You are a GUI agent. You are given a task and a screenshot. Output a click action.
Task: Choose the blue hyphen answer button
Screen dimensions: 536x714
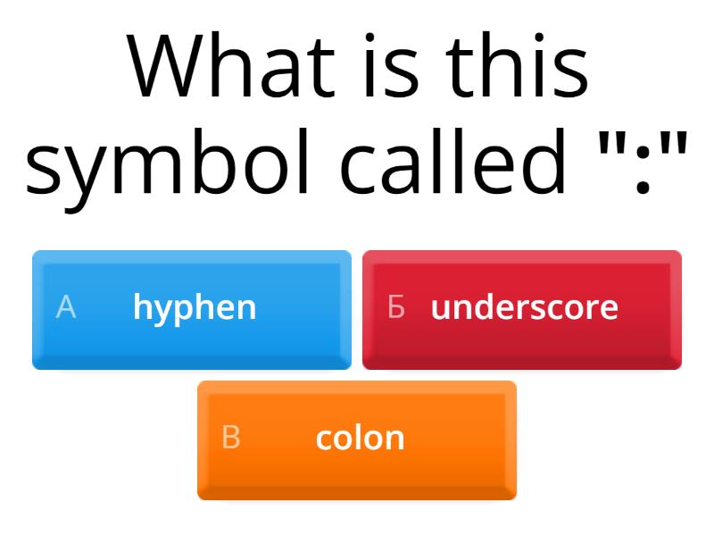(192, 309)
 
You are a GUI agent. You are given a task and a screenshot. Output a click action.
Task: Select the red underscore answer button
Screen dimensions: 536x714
(522, 309)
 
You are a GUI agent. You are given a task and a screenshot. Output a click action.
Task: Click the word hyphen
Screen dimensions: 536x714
(195, 308)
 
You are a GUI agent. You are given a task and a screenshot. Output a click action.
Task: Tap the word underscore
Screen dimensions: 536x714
(525, 307)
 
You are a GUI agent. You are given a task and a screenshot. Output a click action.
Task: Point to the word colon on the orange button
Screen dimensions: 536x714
(360, 438)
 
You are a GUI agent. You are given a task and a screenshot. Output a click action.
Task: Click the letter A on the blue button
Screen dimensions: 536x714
(66, 307)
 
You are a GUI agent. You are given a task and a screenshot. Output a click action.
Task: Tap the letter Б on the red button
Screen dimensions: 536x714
(396, 307)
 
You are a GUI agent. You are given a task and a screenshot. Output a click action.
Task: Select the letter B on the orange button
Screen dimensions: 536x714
(231, 438)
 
